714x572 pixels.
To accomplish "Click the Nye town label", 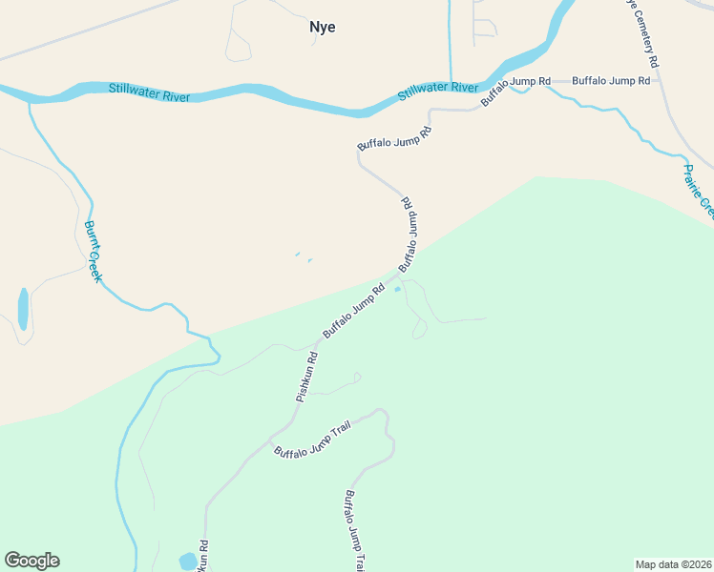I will (323, 27).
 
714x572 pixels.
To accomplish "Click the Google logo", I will (31, 561).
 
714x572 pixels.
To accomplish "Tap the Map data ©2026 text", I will (672, 563).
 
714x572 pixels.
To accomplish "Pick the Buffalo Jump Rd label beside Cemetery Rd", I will (610, 81).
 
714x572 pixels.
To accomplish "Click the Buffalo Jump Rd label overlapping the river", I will (515, 90).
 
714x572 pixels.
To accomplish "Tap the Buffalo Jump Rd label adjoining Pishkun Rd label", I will (353, 311).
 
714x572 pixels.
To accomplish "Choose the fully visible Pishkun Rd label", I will (305, 377).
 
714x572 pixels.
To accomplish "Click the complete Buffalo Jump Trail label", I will (312, 439).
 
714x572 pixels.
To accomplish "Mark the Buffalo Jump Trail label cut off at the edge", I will (354, 530).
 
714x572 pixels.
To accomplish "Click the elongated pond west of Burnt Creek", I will (23, 309).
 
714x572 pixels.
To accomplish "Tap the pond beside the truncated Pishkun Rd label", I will (187, 561).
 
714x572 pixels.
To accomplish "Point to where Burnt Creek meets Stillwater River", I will (30, 99).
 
